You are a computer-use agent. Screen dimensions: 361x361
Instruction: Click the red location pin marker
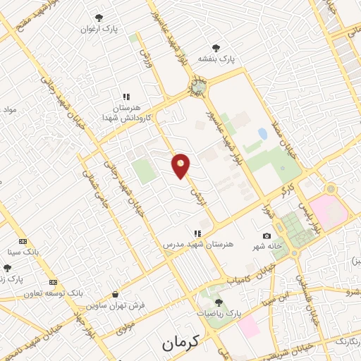pos(181,166)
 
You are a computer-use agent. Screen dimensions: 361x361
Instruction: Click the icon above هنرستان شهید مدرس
pos(197,233)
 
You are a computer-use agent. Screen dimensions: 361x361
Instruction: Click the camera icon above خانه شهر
pos(267,235)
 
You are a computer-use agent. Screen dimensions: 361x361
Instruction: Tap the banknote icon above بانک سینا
pos(23,240)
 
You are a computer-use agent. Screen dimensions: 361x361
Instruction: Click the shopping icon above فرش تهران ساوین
pos(115,294)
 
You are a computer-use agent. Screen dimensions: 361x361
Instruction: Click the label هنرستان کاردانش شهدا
pos(123,112)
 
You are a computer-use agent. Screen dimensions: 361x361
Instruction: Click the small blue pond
pos(262,133)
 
